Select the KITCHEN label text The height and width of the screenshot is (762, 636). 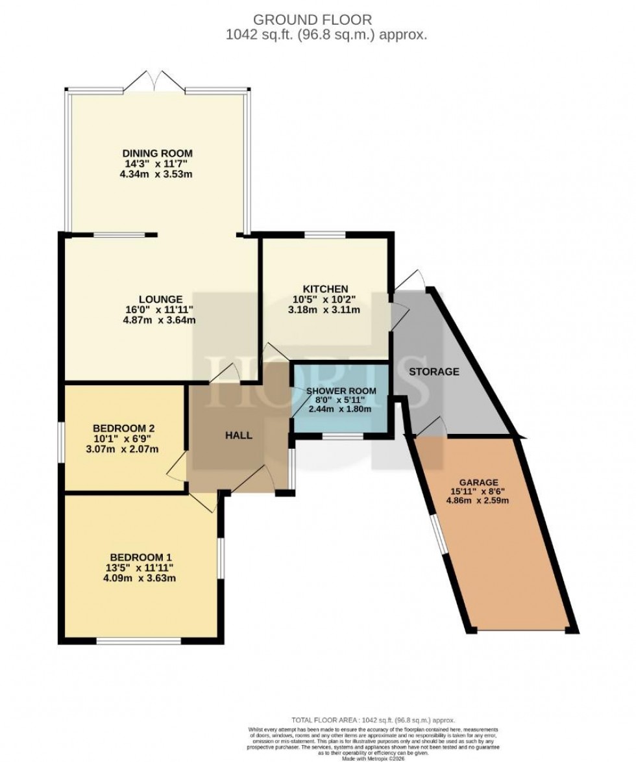[x=325, y=289]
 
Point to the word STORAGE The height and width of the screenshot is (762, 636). [x=434, y=372]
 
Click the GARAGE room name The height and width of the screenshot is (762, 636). [x=478, y=482]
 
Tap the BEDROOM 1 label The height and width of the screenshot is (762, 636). [x=141, y=557]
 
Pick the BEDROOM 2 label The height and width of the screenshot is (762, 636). [x=123, y=428]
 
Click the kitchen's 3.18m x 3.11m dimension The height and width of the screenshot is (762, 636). [x=325, y=310]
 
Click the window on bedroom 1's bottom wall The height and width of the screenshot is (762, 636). [x=139, y=641]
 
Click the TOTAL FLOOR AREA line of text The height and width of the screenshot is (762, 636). [x=373, y=720]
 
